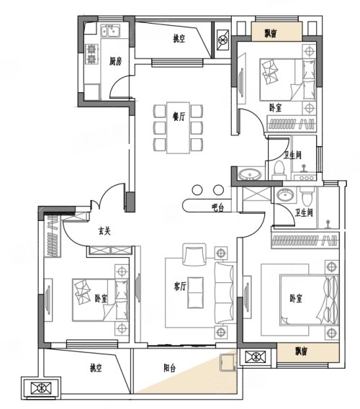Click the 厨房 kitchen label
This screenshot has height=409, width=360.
click(115, 61)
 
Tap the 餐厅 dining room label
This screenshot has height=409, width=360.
click(179, 117)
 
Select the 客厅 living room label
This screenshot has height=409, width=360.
click(180, 287)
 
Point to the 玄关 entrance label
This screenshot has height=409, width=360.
click(104, 231)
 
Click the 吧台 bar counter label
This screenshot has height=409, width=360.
click(218, 207)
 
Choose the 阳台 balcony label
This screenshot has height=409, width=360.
click(170, 368)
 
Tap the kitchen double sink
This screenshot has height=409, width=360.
click(111, 31)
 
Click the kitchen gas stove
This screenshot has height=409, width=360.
click(91, 54)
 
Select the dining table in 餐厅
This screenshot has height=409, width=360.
click(178, 128)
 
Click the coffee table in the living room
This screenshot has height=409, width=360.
click(195, 292)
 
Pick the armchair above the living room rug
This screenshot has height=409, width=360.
click(194, 254)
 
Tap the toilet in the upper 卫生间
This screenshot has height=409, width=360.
click(279, 171)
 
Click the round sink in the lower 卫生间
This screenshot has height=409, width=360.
click(285, 194)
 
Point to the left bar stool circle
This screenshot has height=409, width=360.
click(197, 190)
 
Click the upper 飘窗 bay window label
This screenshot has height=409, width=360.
click(271, 33)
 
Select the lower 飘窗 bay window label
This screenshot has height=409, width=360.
click(301, 351)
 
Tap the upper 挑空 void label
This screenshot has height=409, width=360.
click(179, 39)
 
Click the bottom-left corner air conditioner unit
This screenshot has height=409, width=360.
click(41, 388)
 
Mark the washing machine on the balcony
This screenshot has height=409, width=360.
click(228, 362)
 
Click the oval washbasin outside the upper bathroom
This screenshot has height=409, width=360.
click(250, 174)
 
